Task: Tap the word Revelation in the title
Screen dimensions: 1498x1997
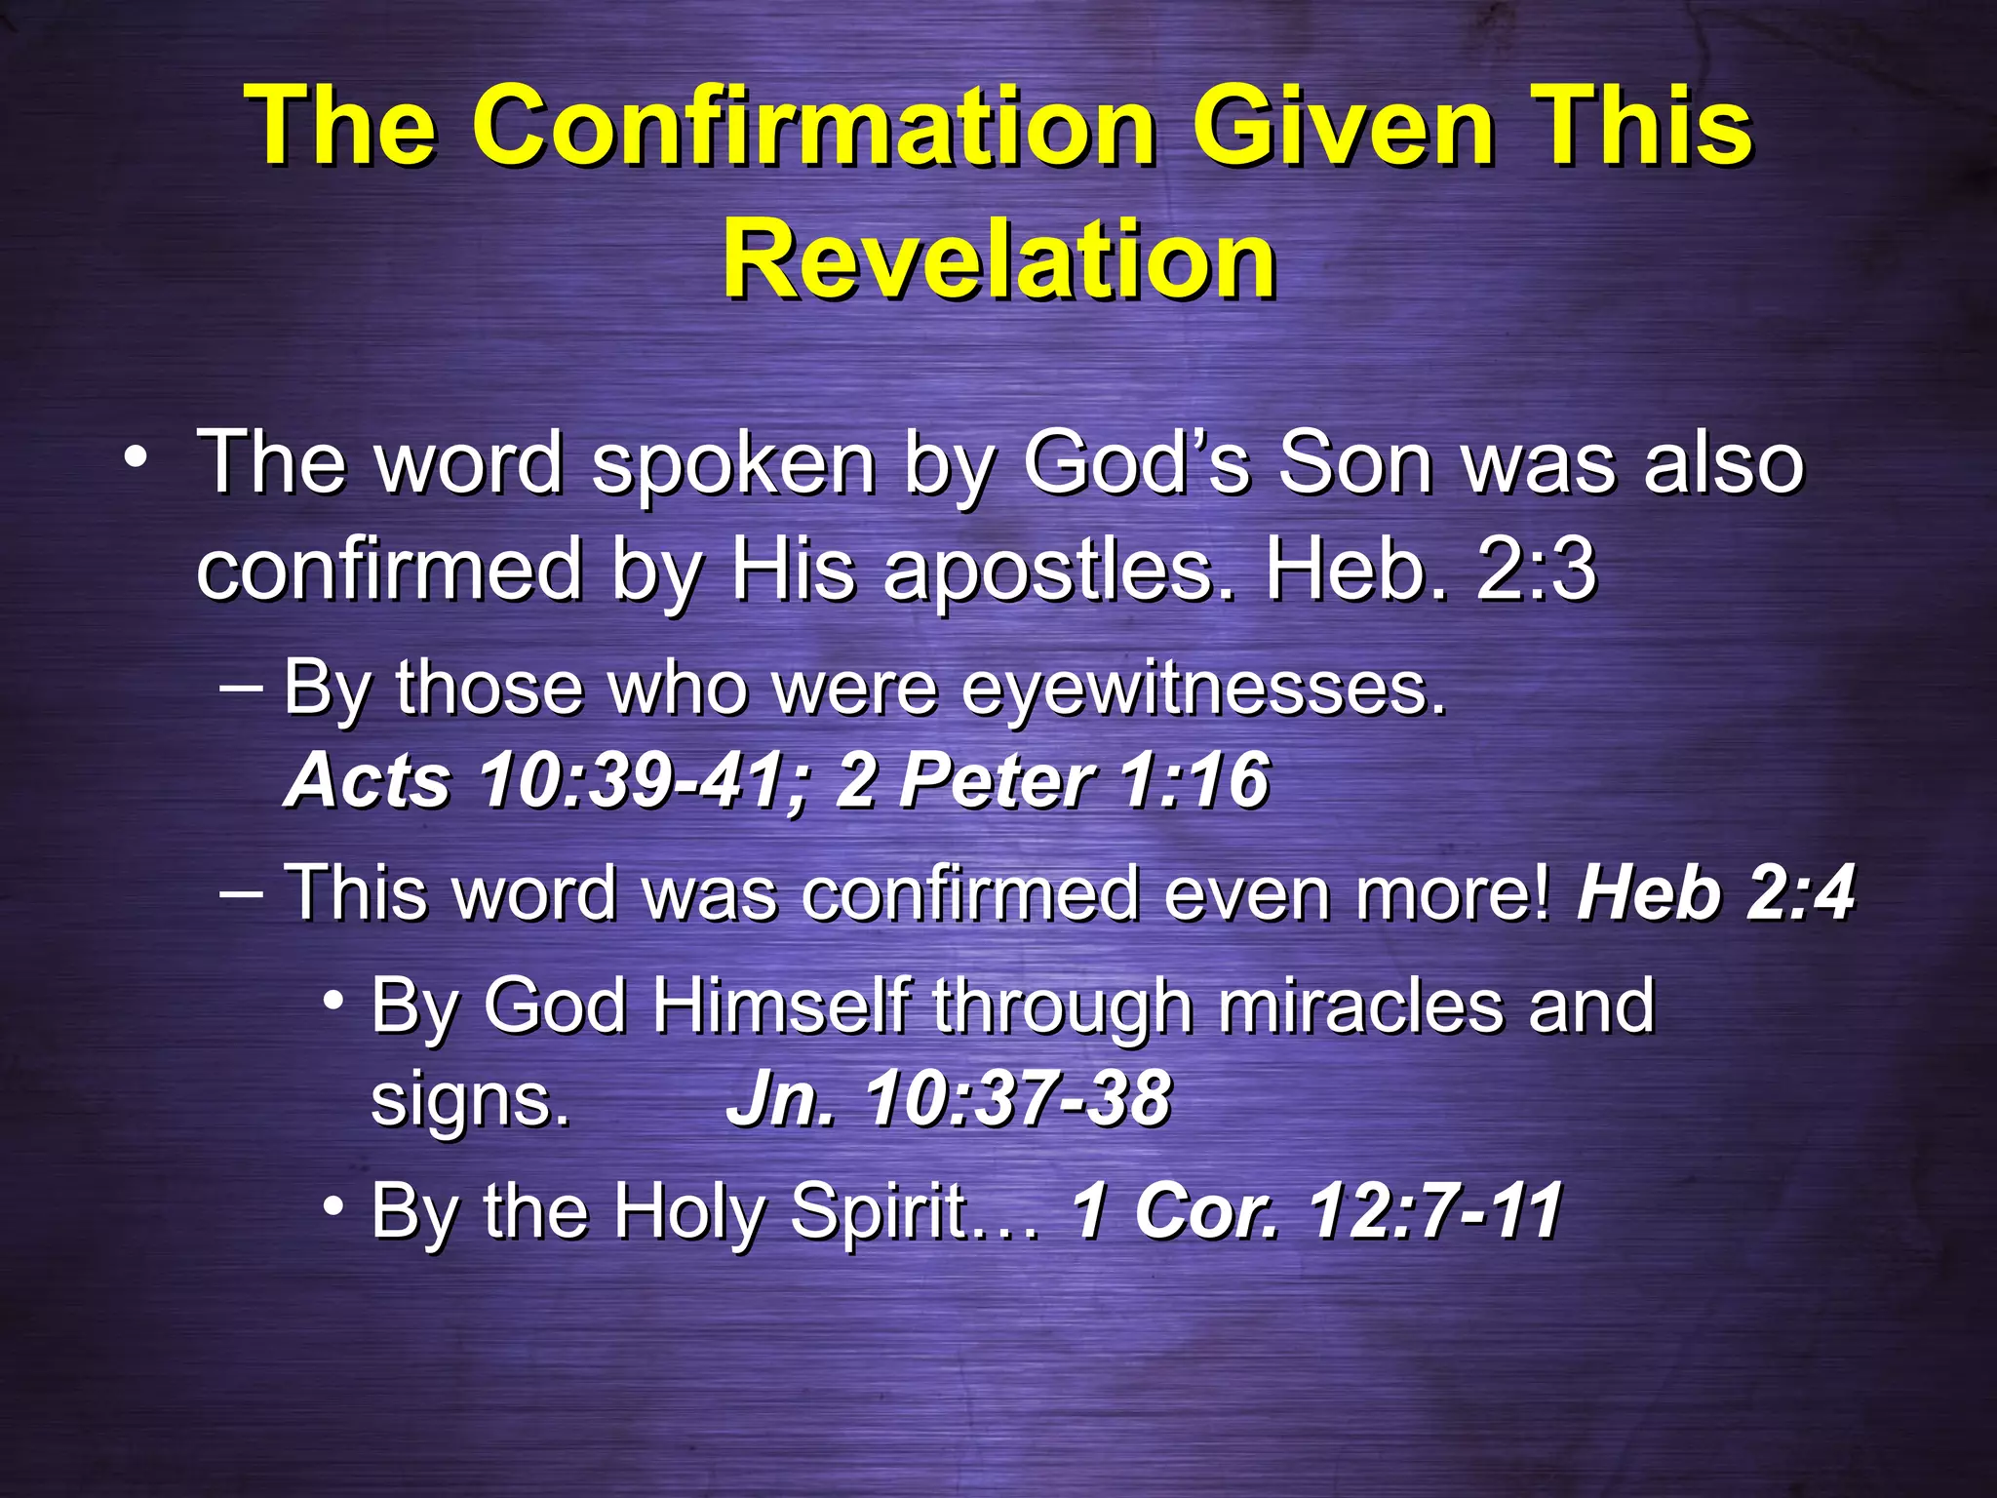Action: [998, 258]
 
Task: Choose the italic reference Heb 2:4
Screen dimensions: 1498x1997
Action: [1714, 892]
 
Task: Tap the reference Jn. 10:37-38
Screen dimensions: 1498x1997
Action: [948, 1099]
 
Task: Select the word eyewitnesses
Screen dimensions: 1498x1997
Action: [1204, 689]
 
